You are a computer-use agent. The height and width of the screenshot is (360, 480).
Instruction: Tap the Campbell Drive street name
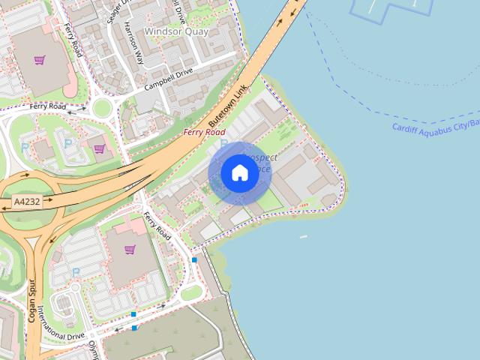pyautogui.click(x=169, y=79)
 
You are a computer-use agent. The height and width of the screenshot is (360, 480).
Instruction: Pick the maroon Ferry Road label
pyautogui.click(x=204, y=132)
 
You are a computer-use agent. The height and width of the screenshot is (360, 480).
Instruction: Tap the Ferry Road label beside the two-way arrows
pyautogui.click(x=48, y=107)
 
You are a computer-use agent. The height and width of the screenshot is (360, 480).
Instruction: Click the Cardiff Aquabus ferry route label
pyautogui.click(x=436, y=125)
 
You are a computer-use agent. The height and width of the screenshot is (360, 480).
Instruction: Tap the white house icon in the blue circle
pyautogui.click(x=239, y=172)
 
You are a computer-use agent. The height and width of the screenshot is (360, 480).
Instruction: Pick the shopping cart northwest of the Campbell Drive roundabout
pyautogui.click(x=39, y=60)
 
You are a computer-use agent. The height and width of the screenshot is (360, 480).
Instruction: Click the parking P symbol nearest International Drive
pyautogui.click(x=76, y=271)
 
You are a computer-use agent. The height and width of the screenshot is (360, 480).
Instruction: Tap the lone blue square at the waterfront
pyautogui.click(x=194, y=259)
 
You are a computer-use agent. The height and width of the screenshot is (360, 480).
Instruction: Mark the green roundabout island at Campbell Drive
pyautogui.click(x=102, y=108)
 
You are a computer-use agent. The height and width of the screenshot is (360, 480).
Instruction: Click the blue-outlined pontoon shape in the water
pyautogui.click(x=382, y=9)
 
